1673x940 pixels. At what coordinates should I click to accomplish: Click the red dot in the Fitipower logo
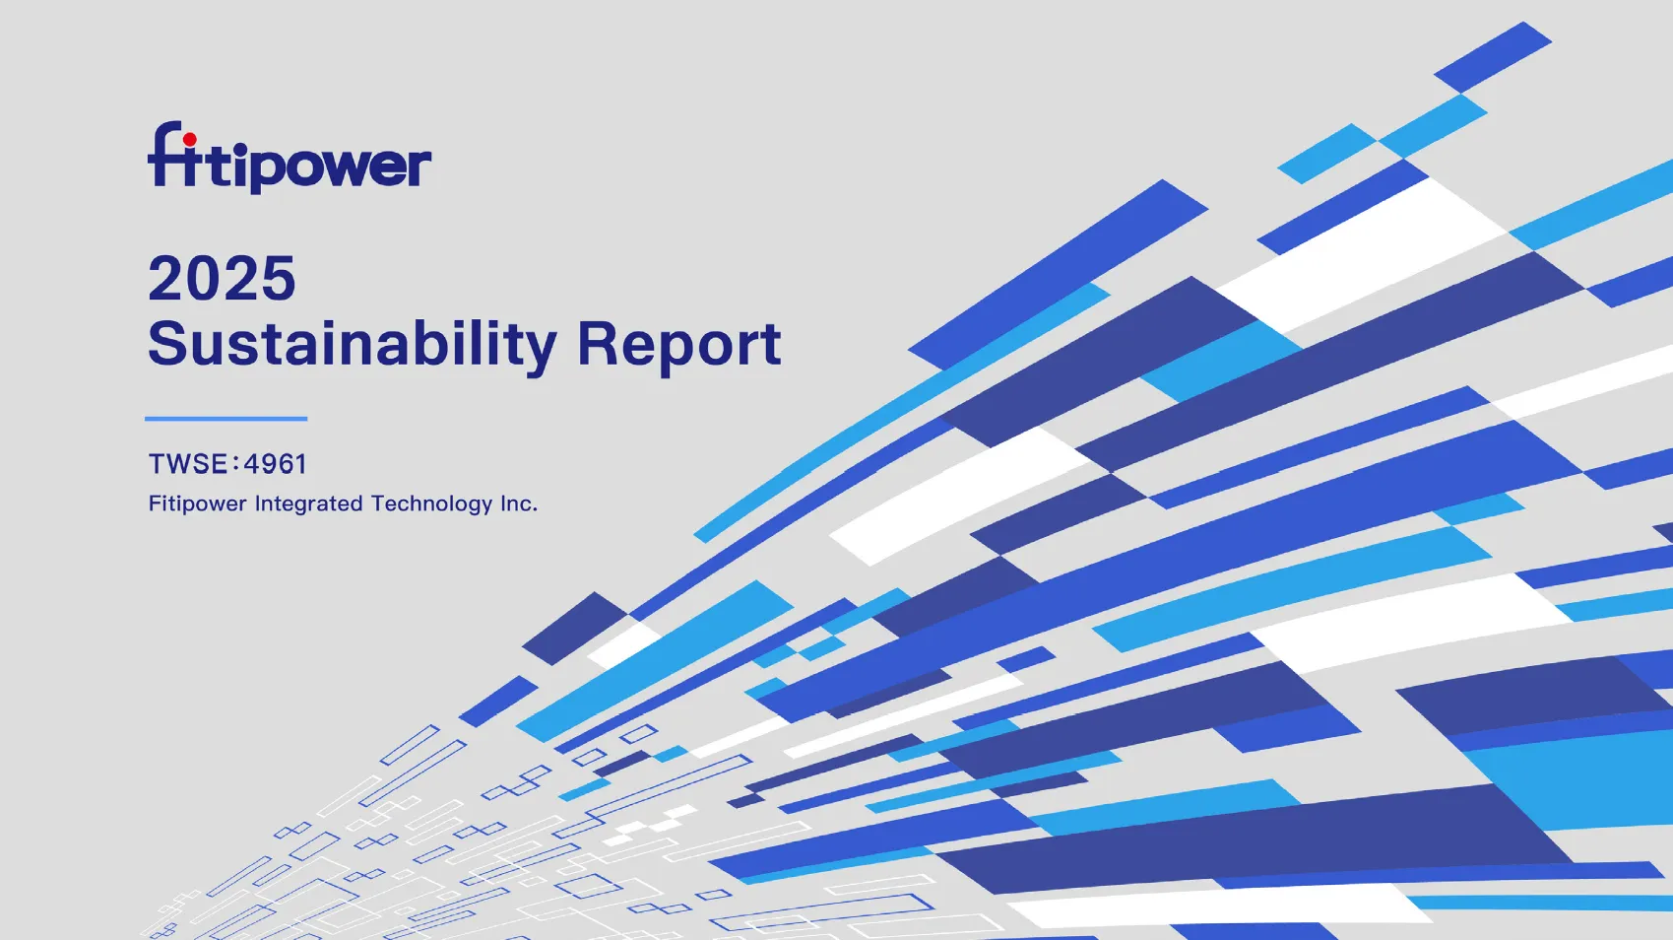click(x=190, y=140)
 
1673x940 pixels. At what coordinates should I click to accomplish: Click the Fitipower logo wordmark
click(x=290, y=158)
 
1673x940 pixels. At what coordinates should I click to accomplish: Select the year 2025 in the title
click(x=222, y=278)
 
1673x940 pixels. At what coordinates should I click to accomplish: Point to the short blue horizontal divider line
click(x=226, y=419)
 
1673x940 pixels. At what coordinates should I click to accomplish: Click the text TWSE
click(x=188, y=464)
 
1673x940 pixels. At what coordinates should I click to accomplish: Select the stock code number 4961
click(x=276, y=464)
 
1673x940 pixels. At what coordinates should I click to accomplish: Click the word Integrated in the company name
click(x=309, y=504)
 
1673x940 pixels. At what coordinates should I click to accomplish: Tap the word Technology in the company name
click(x=432, y=504)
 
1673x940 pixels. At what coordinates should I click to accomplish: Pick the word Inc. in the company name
click(x=519, y=504)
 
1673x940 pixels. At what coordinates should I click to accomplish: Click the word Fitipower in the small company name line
click(x=197, y=504)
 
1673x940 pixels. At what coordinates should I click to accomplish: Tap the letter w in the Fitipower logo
click(x=349, y=166)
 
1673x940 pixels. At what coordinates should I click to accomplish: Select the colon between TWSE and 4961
click(x=236, y=464)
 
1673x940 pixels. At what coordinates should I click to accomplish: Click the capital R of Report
click(x=598, y=343)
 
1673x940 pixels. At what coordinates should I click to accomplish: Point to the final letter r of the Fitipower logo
click(x=419, y=166)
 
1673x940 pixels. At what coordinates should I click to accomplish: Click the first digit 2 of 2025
click(x=165, y=277)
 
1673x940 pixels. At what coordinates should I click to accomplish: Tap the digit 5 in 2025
click(x=279, y=278)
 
